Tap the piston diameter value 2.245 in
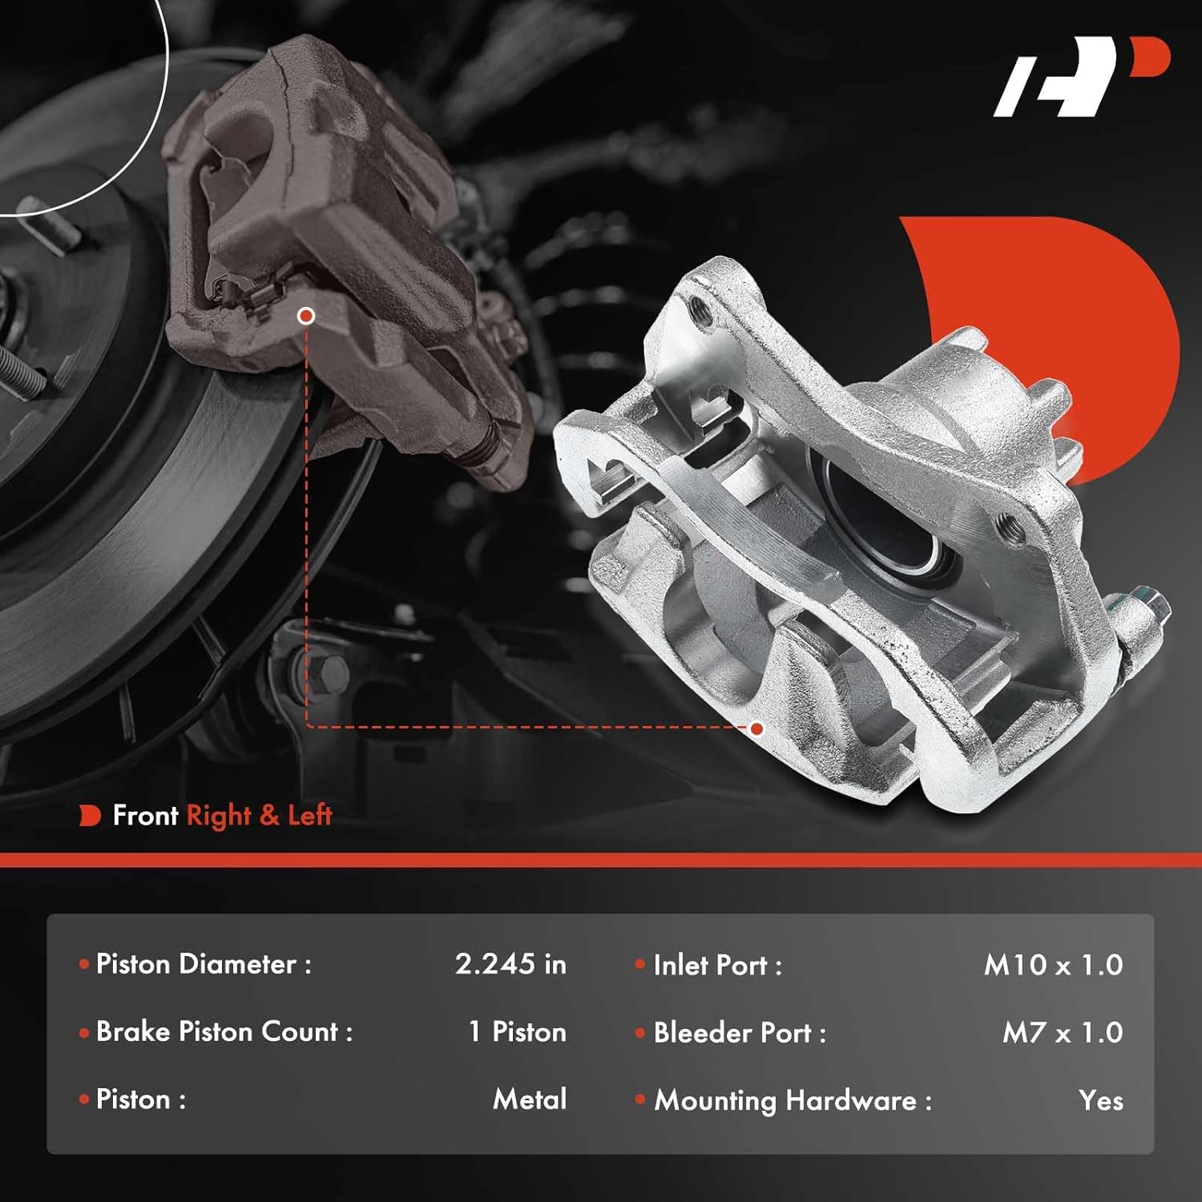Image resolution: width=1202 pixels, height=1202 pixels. point(510,964)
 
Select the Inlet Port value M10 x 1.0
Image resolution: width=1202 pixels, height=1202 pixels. point(1052,965)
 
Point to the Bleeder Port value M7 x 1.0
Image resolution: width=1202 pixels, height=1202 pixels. point(1062,1032)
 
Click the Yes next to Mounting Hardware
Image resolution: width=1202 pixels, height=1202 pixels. point(1100,1100)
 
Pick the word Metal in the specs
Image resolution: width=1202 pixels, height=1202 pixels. point(530,1099)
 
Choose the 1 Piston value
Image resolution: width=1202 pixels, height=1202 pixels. point(517,1031)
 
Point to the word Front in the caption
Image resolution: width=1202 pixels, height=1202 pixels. point(145,816)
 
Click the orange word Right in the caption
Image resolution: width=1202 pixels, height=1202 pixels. point(218,816)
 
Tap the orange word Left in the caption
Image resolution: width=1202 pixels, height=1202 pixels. point(309,816)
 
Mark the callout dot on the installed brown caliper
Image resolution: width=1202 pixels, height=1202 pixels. point(305,316)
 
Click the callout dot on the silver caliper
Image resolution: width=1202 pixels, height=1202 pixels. point(756,728)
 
